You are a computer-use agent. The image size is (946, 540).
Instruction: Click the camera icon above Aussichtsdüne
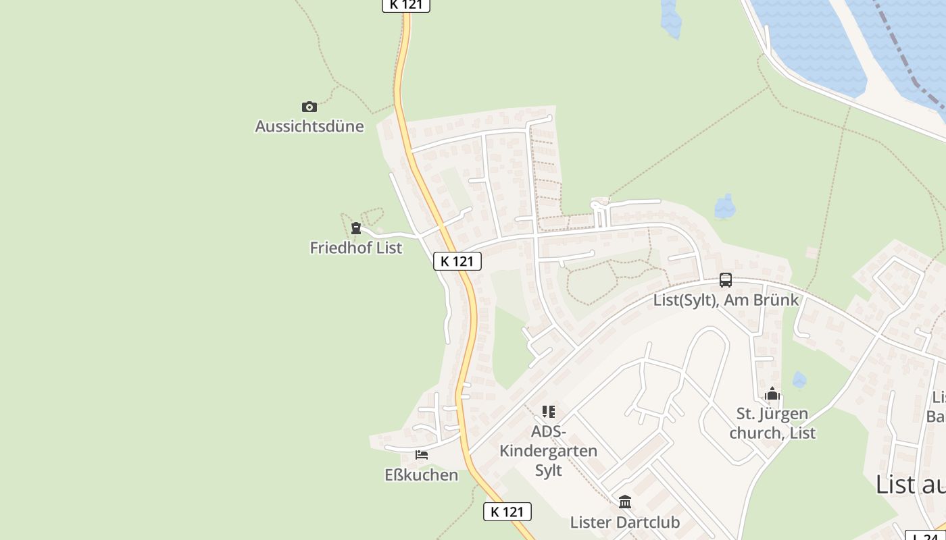point(309,107)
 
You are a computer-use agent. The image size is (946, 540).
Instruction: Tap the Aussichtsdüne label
point(309,126)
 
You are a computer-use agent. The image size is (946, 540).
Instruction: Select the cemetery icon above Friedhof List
point(356,228)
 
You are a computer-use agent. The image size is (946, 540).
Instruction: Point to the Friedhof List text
point(356,248)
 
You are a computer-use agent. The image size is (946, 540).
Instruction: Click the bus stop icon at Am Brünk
point(726,280)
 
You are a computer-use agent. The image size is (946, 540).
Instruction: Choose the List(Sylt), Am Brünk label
point(726,300)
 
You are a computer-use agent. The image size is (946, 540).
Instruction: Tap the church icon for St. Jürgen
point(772,394)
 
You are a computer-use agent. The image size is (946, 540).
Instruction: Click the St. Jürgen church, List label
point(772,423)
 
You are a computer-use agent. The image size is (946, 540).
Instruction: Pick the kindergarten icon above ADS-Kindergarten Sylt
point(549,411)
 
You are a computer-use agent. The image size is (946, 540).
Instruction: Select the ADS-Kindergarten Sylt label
point(549,450)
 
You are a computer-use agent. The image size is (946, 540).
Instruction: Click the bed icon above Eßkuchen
point(422,455)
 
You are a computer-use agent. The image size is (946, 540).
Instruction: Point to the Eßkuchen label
point(422,475)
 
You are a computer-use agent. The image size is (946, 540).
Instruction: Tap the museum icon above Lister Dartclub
point(625,502)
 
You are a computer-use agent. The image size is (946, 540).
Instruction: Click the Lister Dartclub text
point(625,522)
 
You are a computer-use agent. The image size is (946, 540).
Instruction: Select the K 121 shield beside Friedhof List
point(457,261)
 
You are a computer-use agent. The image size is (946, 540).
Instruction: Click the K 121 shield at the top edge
point(406,5)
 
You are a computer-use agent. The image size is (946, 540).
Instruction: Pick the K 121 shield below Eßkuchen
point(507,512)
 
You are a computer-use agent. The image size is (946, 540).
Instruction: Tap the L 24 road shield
point(925,536)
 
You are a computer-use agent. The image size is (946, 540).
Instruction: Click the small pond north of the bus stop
point(725,207)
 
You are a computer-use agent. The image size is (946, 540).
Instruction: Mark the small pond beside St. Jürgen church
point(799,380)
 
